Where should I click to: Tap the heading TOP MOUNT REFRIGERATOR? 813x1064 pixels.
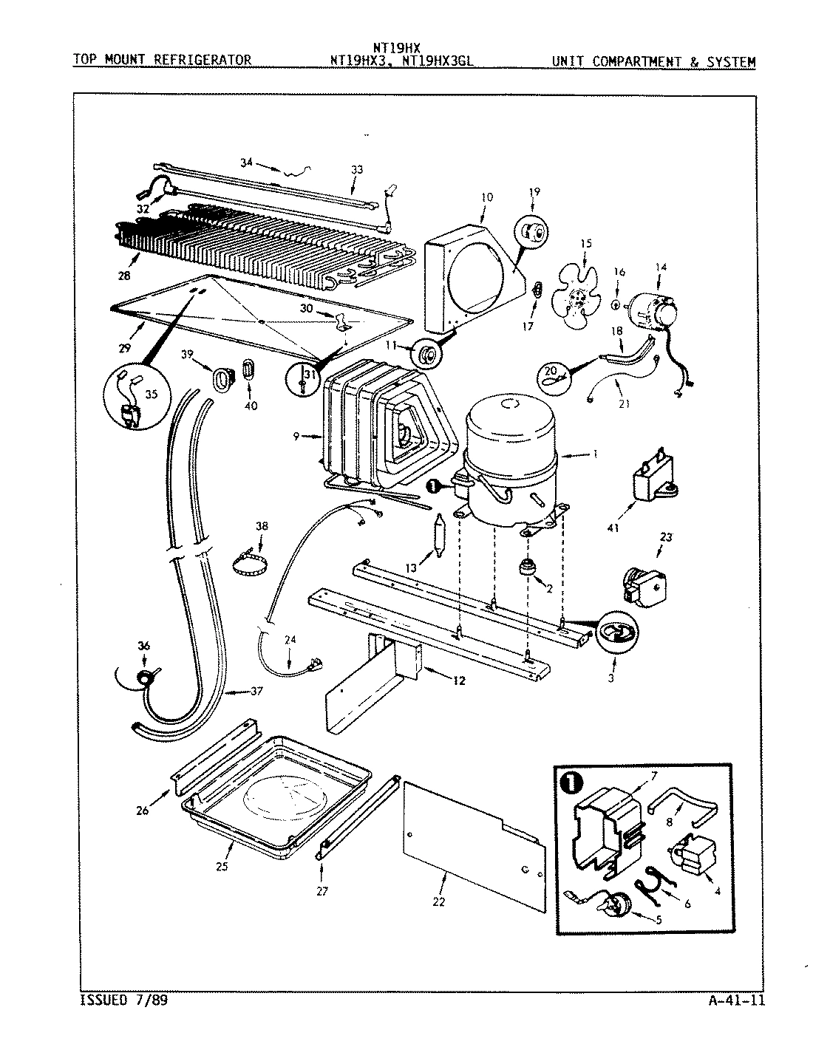coord(162,61)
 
